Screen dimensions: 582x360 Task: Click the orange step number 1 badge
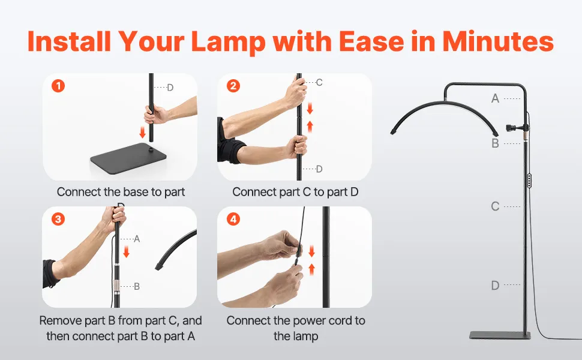(x=58, y=86)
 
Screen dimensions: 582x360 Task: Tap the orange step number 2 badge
(x=233, y=86)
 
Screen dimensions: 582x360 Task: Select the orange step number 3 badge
(x=58, y=219)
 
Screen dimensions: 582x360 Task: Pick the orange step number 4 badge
(x=233, y=219)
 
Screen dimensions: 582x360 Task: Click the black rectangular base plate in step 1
(x=128, y=158)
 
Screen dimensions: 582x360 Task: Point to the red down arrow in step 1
(x=142, y=132)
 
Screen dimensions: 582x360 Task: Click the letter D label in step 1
(x=170, y=88)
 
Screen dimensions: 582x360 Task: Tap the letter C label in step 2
(x=319, y=82)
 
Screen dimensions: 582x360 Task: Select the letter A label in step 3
(x=137, y=239)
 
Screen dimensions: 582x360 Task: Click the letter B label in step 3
(x=137, y=287)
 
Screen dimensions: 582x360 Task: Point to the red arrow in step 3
(x=126, y=251)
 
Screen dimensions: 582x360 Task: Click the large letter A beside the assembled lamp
(x=495, y=98)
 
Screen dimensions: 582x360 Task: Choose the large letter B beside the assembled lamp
(x=495, y=143)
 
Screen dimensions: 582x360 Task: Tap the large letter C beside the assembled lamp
(x=495, y=206)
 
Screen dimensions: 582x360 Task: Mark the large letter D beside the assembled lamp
(x=495, y=286)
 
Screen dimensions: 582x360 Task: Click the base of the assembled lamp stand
(x=500, y=335)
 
